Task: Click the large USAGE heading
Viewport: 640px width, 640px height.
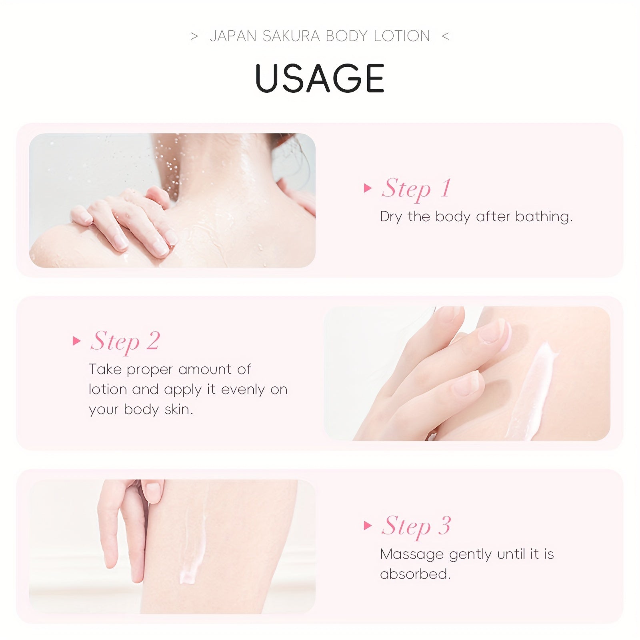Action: pyautogui.click(x=320, y=78)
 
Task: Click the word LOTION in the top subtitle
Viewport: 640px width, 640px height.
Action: pyautogui.click(x=402, y=36)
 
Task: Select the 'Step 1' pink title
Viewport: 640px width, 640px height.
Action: pyautogui.click(x=416, y=189)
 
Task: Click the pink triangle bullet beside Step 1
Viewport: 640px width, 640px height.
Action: pyautogui.click(x=367, y=188)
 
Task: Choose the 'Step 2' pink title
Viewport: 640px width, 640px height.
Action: pyautogui.click(x=125, y=342)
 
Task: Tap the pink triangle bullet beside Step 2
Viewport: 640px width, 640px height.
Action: pyautogui.click(x=76, y=341)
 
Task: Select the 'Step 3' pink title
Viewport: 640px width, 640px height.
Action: pyautogui.click(x=416, y=526)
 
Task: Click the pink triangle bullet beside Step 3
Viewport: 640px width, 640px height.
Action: pyautogui.click(x=367, y=526)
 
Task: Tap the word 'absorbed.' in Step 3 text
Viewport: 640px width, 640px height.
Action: pyautogui.click(x=415, y=574)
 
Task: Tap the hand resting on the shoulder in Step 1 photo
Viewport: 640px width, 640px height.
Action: pyautogui.click(x=128, y=224)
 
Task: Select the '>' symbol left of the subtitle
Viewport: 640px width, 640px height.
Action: pyautogui.click(x=194, y=36)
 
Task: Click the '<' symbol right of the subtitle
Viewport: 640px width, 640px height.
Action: pyautogui.click(x=445, y=36)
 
